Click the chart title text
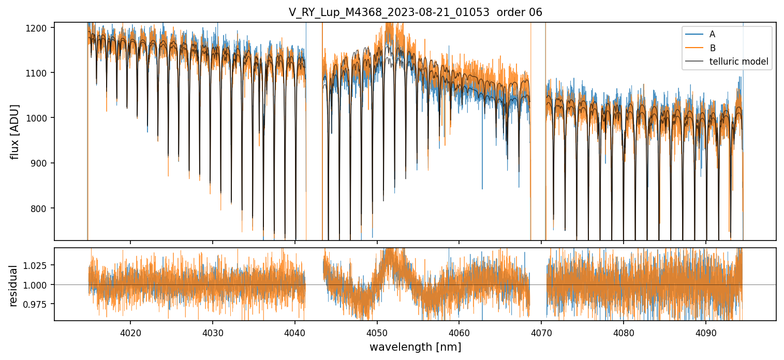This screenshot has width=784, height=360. coord(415,12)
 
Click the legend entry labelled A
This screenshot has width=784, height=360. coord(713,34)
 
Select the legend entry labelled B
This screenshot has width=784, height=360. coord(713,48)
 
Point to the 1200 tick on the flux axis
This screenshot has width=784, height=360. coord(40,27)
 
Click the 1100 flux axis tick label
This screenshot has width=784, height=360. coord(40,73)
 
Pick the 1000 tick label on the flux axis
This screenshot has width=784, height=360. coord(40,118)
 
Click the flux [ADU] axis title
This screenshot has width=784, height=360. coord(16,131)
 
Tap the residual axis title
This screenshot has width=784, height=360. coord(13,285)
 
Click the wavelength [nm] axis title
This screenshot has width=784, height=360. coord(415,347)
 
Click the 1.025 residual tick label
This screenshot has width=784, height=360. coord(38,265)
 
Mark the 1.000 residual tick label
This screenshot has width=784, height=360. coord(38,285)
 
